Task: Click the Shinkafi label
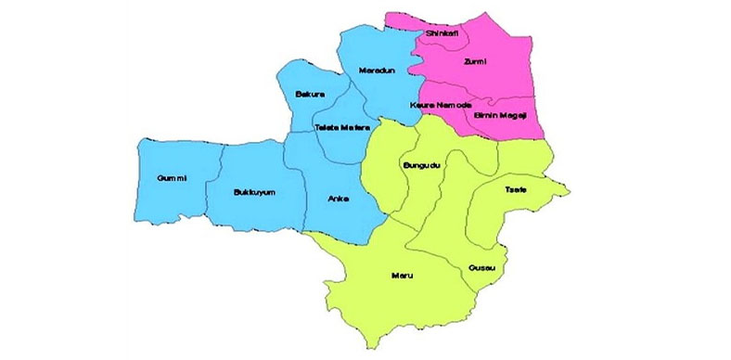[439, 33]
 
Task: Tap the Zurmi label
[474, 62]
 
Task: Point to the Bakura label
[308, 95]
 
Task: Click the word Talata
[326, 127]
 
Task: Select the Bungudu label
[422, 165]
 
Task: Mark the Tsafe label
[515, 189]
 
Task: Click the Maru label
[402, 276]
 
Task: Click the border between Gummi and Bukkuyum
[220, 186]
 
